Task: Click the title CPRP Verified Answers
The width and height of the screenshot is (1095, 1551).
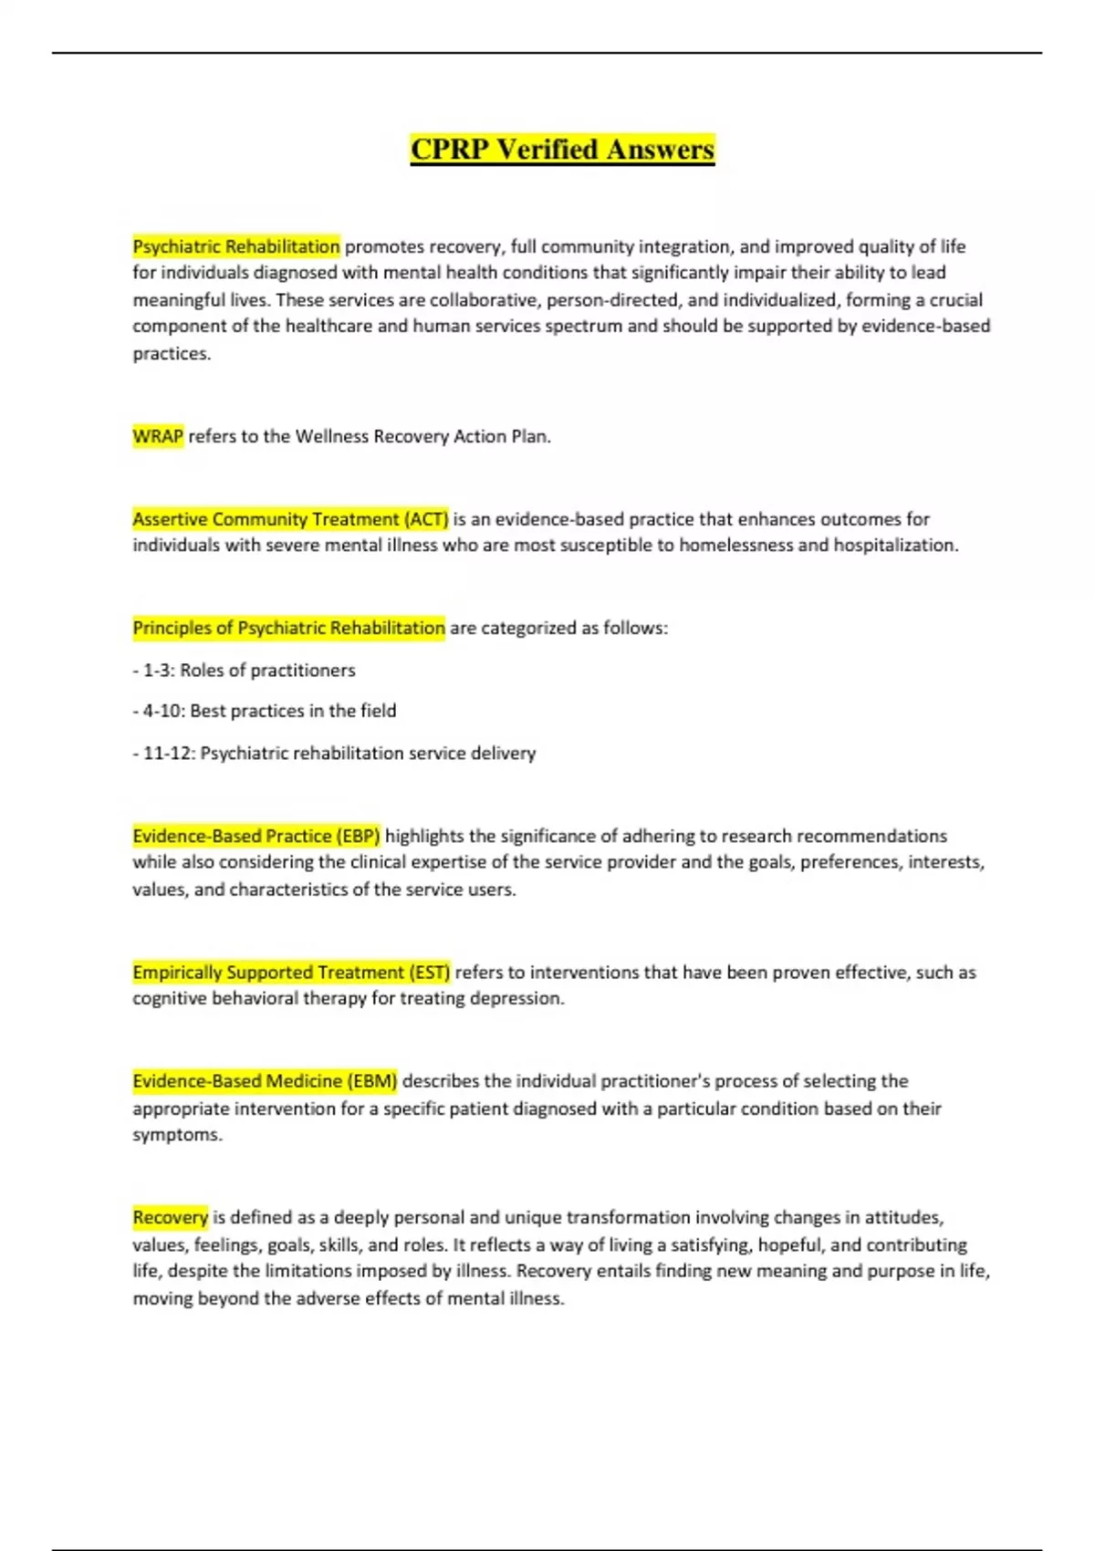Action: pyautogui.click(x=562, y=149)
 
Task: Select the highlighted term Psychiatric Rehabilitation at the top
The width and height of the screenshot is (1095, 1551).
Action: pyautogui.click(x=236, y=246)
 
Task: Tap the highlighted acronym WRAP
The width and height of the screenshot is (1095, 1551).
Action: pyautogui.click(x=158, y=436)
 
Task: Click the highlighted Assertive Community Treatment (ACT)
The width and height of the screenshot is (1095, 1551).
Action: pyautogui.click(x=290, y=519)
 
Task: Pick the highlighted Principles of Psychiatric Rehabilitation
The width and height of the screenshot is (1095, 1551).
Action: pyautogui.click(x=288, y=628)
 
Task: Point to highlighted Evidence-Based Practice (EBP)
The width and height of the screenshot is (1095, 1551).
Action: pyautogui.click(x=256, y=836)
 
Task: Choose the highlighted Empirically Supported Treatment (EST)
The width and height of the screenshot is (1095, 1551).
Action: pyautogui.click(x=291, y=972)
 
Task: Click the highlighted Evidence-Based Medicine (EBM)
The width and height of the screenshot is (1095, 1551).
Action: pyautogui.click(x=265, y=1081)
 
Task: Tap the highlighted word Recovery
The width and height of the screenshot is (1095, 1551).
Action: pyautogui.click(x=171, y=1217)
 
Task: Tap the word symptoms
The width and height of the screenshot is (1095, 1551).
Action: pyautogui.click(x=177, y=1135)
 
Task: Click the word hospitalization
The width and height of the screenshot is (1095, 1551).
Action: pyautogui.click(x=894, y=546)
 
